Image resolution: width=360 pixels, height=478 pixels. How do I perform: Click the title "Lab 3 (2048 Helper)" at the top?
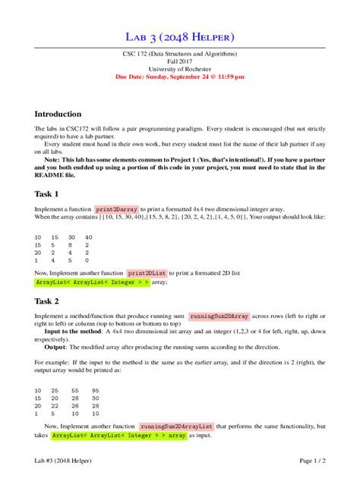click(180, 36)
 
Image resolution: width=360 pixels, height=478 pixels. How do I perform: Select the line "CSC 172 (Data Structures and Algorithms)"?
click(180, 54)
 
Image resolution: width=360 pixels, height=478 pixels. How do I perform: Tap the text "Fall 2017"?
click(180, 61)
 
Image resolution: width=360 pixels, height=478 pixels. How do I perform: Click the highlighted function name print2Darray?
click(115, 209)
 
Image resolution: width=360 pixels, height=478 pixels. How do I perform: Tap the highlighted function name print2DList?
click(147, 272)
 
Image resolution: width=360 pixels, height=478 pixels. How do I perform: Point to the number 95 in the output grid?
click(96, 390)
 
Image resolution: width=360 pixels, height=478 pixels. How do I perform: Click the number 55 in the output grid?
click(74, 390)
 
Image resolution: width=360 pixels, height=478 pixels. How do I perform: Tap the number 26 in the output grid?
click(74, 405)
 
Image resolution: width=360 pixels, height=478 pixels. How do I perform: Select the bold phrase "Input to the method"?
click(72, 332)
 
